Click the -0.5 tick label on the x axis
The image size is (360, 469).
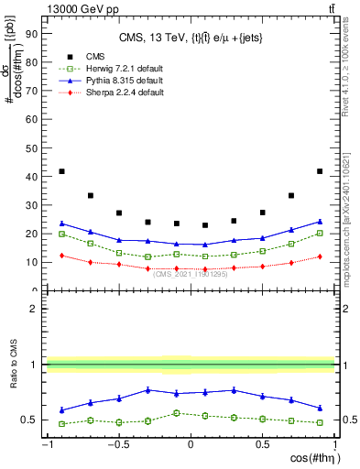tap(117, 446)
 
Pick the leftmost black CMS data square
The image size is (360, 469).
tap(61, 171)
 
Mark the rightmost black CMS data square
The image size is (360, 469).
tap(319, 171)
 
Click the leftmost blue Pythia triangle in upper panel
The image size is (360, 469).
tap(61, 224)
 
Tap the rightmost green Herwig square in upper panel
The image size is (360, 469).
tap(319, 233)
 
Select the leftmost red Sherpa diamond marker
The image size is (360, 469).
tap(61, 256)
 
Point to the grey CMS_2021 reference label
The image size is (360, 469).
tap(191, 274)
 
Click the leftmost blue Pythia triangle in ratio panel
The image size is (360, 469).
tap(61, 409)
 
